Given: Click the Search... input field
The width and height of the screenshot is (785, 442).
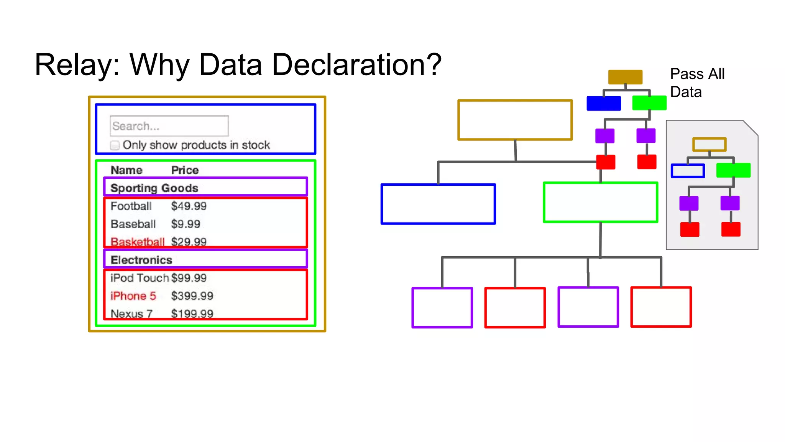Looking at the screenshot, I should coord(169,126).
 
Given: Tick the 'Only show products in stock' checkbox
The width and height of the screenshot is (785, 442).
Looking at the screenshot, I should coord(115,145).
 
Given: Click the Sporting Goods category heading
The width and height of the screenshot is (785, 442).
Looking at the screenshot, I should coord(154,188).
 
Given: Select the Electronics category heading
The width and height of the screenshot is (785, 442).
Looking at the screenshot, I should coord(141,260).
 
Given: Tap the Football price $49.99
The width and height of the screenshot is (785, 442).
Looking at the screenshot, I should coord(189,206).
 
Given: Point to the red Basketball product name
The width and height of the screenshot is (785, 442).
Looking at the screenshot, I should coord(137,242).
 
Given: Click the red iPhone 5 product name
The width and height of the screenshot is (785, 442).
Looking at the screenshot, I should coord(133,296).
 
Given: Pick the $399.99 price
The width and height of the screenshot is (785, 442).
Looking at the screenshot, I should coord(192,296).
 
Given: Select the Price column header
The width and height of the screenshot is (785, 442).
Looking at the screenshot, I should coord(185,170).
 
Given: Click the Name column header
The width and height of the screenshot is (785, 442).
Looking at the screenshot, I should coord(126,170).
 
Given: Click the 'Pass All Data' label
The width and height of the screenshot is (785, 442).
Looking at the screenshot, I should coord(697,82).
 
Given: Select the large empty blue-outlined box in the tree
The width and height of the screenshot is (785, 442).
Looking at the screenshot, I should coord(438,204).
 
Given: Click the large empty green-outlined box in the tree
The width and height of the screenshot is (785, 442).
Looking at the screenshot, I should coord(600,202).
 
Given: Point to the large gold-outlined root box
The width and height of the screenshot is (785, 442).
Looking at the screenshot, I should coord(515,120).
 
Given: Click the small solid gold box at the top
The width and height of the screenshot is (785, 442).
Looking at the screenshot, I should coord(625,77).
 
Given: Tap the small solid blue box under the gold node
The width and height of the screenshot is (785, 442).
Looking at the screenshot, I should coord(603,103).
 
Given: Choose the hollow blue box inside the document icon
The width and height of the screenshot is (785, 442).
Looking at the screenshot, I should coord(688,171).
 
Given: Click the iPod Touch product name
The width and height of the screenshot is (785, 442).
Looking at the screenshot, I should coord(140,278).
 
